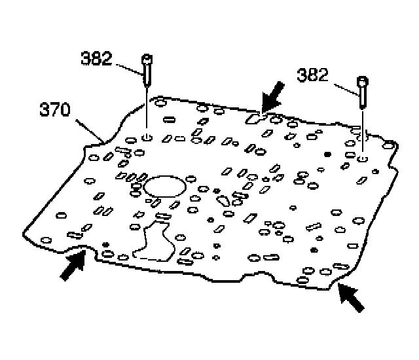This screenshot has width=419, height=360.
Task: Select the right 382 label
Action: pos(313,75)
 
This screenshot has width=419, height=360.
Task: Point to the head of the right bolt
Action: pos(363,81)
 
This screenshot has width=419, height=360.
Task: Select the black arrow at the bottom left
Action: pos(73,265)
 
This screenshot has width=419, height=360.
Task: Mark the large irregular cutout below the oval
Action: pos(152,240)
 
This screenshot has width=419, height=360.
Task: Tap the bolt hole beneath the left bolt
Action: pos(147,137)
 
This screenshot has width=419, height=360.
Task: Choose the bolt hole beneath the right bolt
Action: pos(363,158)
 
